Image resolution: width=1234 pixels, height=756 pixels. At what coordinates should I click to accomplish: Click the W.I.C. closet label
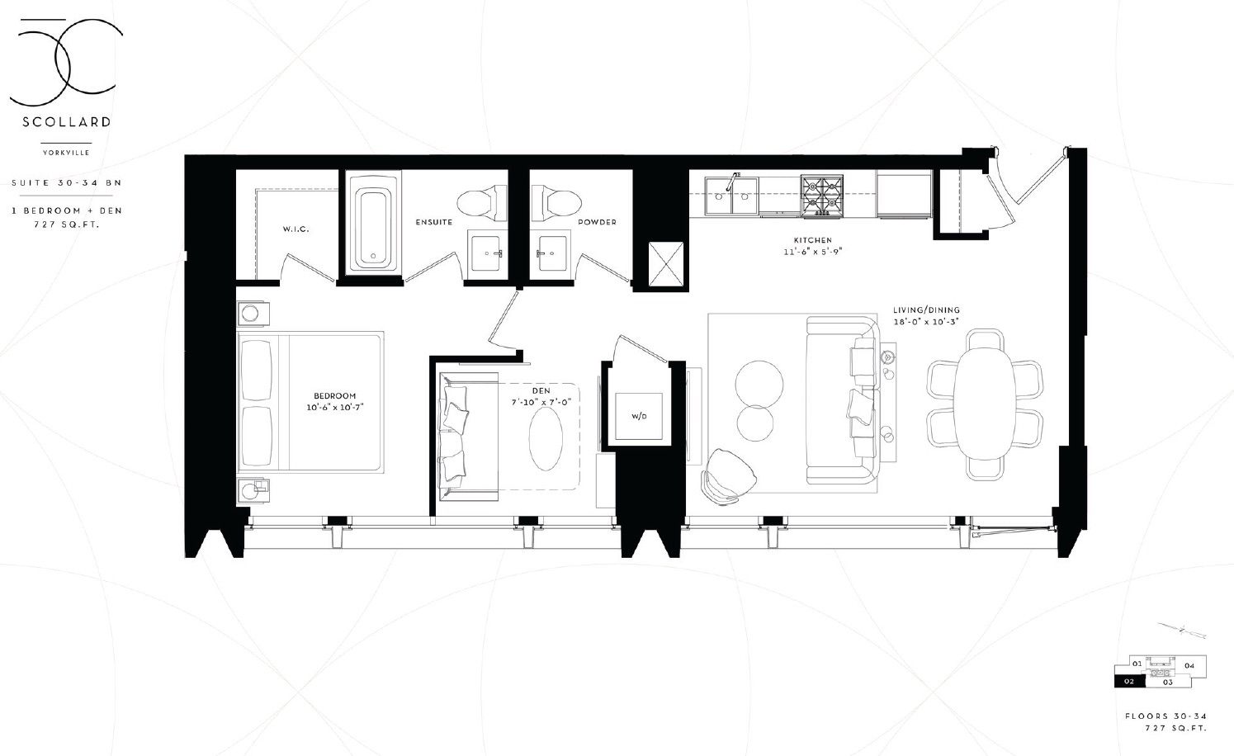[x=295, y=229]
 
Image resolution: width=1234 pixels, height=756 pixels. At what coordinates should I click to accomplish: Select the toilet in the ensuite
[x=482, y=202]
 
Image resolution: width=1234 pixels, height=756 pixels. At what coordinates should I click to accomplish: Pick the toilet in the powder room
[x=556, y=202]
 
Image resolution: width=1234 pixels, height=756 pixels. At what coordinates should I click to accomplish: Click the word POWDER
[x=597, y=222]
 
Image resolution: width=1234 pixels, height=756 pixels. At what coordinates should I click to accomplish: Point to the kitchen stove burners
[x=822, y=196]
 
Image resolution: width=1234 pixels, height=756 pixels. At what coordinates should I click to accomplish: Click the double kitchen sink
[x=730, y=196]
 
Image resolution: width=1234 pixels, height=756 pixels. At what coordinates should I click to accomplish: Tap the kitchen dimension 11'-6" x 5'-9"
[x=813, y=252]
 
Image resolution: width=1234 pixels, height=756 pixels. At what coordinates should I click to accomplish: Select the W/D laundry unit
[x=639, y=416]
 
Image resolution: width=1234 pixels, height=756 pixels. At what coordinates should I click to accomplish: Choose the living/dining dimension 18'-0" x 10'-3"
[x=927, y=322]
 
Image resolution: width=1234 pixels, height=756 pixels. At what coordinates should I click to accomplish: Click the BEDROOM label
[x=335, y=395]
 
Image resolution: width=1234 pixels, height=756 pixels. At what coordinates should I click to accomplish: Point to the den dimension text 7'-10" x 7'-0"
[x=541, y=402]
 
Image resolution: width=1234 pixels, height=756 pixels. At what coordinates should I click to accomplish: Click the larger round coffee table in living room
[x=759, y=385]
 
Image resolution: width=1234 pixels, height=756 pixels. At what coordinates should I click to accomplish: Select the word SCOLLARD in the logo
[x=67, y=122]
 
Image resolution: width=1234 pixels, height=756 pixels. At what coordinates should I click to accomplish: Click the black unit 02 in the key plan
[x=1129, y=682]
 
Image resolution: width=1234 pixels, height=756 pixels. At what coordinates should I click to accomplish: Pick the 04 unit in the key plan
[x=1189, y=665]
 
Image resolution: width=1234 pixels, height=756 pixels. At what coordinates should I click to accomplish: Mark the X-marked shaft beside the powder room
[x=665, y=264]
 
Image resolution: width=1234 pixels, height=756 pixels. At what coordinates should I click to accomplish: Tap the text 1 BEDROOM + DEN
[x=67, y=210]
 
